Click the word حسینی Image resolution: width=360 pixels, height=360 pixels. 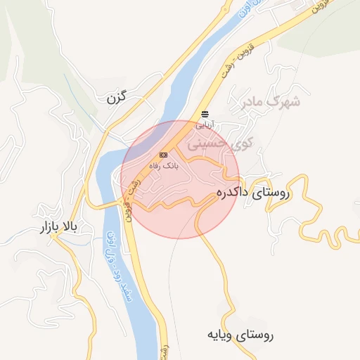[x=225, y=143]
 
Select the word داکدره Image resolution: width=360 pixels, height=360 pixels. [x=233, y=191]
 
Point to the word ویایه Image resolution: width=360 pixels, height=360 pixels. [x=220, y=334]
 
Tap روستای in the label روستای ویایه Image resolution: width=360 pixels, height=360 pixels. [x=255, y=335]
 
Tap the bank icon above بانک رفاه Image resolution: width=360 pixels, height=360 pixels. [x=164, y=155]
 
